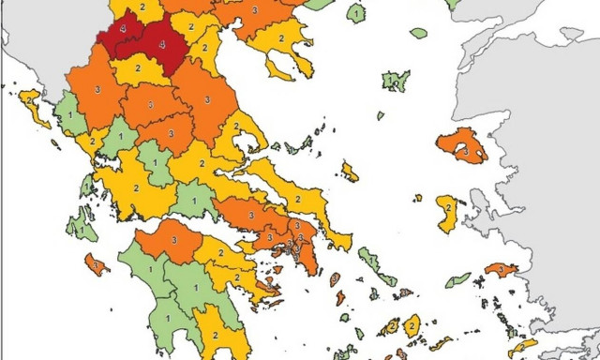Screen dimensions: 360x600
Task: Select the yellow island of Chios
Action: pos(448,213)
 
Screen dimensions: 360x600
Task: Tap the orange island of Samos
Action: pos(500,270)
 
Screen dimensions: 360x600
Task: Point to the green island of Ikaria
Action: pos(458,279)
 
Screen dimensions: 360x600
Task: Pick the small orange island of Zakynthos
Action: pos(94,264)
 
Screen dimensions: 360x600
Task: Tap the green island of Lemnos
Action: pos(395,80)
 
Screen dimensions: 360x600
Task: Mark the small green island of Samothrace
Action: pos(418,34)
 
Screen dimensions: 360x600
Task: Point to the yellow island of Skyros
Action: pos(350,172)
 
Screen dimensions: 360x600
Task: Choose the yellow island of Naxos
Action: pos(412,325)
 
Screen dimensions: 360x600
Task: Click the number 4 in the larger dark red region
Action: pos(161,44)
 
